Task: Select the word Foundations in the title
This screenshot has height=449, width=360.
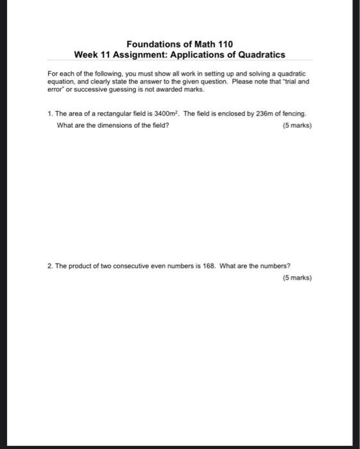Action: pos(151,44)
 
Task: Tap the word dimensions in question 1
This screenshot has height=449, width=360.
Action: pos(107,125)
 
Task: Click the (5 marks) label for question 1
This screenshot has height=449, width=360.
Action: pos(297,125)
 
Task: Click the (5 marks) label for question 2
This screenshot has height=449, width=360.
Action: pos(297,278)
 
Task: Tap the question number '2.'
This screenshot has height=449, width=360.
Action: pos(49,266)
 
